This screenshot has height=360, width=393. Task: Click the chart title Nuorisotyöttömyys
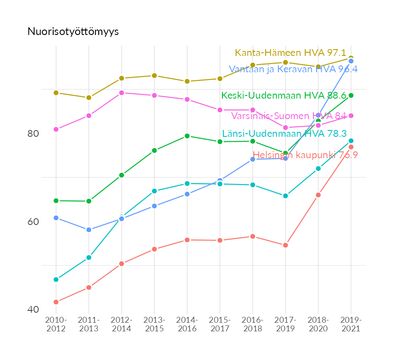(x=73, y=31)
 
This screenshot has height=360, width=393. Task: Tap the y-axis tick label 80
(x=33, y=134)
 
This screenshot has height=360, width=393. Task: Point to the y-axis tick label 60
(x=33, y=222)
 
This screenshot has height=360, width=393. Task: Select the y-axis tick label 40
(x=33, y=310)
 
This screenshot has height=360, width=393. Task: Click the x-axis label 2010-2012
(x=56, y=324)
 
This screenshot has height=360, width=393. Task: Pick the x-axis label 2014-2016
(x=187, y=324)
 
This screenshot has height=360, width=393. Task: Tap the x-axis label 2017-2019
(x=285, y=324)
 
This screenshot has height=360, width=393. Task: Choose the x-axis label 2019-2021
(x=351, y=324)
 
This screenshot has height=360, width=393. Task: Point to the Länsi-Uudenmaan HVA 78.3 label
(x=284, y=134)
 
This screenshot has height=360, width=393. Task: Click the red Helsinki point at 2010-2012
(x=56, y=302)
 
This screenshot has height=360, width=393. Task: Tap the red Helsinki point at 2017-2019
(x=285, y=245)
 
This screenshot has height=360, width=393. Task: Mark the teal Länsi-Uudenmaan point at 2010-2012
(x=56, y=280)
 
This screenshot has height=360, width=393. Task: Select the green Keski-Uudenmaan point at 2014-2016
(x=187, y=136)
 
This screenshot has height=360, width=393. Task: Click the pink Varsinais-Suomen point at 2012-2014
(x=121, y=93)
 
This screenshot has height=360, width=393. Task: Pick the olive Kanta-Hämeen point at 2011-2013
(x=89, y=98)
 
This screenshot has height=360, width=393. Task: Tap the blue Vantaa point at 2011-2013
(x=89, y=230)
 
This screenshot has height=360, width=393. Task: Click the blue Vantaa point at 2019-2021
(x=351, y=61)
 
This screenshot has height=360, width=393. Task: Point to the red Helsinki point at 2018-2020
(x=318, y=195)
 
